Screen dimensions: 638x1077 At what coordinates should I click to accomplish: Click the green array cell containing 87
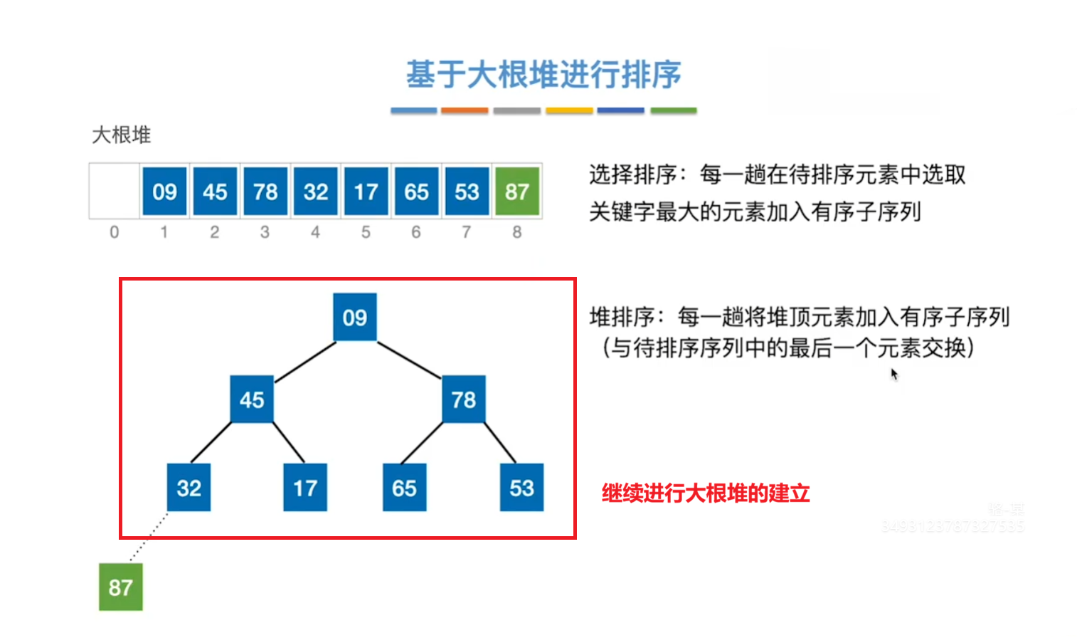click(517, 192)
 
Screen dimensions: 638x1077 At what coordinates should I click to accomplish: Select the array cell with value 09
click(164, 192)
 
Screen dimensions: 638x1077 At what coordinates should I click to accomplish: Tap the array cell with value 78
click(265, 192)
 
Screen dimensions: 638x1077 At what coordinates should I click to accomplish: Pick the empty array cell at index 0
click(114, 191)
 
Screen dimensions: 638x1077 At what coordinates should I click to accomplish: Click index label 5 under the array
click(366, 232)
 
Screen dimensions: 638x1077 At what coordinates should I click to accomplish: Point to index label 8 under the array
click(517, 232)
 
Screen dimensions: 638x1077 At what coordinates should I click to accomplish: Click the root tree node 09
click(355, 317)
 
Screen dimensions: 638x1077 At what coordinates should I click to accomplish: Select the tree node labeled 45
click(252, 399)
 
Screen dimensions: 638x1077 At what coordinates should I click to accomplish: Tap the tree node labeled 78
click(464, 399)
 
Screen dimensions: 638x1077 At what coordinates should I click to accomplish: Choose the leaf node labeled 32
click(189, 488)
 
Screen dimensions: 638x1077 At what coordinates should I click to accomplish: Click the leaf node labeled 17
click(305, 488)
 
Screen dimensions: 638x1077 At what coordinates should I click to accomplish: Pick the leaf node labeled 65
click(404, 488)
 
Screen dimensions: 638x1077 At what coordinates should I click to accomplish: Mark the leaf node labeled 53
click(521, 488)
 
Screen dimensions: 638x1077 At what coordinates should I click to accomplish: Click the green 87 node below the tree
click(120, 587)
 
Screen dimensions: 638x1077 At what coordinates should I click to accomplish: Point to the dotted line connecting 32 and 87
click(149, 538)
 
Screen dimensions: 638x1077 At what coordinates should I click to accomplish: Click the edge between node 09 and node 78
click(409, 360)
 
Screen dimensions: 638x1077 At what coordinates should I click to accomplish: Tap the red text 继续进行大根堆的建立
click(706, 493)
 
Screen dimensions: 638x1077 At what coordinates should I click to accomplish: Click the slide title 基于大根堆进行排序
click(543, 75)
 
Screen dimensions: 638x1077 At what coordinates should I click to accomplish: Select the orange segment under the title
click(465, 110)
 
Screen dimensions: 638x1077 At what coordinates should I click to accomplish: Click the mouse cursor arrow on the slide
click(894, 374)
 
